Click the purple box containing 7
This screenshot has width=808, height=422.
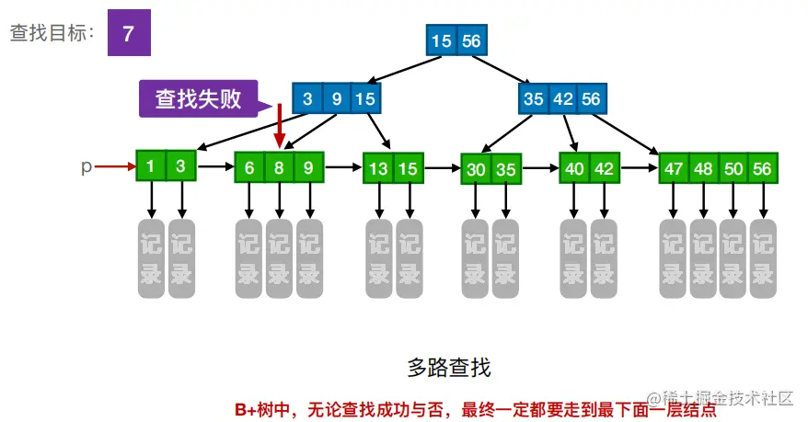pyautogui.click(x=129, y=34)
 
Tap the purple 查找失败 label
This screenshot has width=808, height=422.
pyautogui.click(x=198, y=98)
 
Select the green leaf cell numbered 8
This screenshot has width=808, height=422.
pyautogui.click(x=279, y=168)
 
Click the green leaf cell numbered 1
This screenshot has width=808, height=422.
pyautogui.click(x=151, y=166)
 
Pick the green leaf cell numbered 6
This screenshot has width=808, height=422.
pyautogui.click(x=248, y=168)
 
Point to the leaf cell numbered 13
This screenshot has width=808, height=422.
pyautogui.click(x=378, y=168)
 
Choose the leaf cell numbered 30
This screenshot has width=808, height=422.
pyautogui.click(x=476, y=169)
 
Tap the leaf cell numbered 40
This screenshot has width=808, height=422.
pyautogui.click(x=574, y=168)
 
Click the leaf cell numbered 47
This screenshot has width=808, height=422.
pyautogui.click(x=674, y=169)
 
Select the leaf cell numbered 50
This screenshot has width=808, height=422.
pyautogui.click(x=733, y=169)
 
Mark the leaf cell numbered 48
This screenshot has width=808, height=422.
pyautogui.click(x=704, y=169)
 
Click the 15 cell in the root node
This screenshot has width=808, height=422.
pyautogui.click(x=441, y=41)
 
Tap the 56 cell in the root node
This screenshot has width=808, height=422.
pyautogui.click(x=470, y=41)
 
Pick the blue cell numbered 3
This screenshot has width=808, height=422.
pyautogui.click(x=307, y=98)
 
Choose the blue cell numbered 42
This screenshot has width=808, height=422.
pyautogui.click(x=562, y=98)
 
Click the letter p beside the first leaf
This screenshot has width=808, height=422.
pyautogui.click(x=87, y=166)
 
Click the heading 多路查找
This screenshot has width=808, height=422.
pyautogui.click(x=449, y=369)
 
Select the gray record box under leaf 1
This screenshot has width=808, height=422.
pyautogui.click(x=151, y=258)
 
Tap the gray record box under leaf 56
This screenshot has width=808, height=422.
pyautogui.click(x=763, y=258)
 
